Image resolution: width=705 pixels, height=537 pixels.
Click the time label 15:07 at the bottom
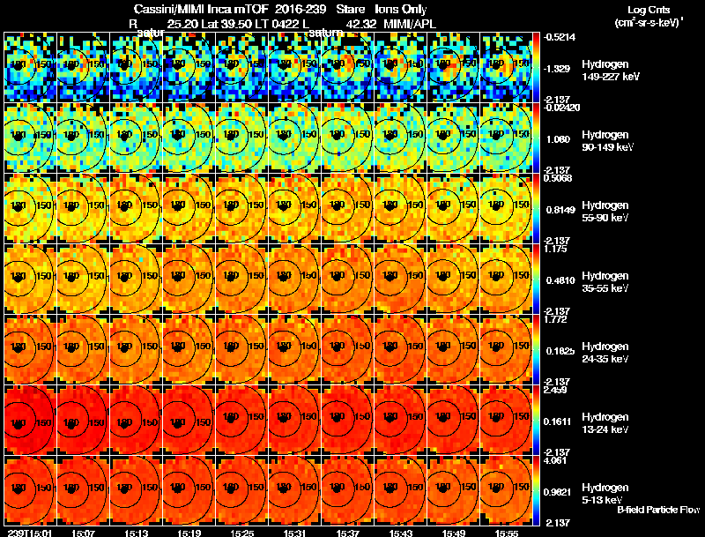(x=84, y=533)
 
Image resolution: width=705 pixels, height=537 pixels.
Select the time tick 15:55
(x=507, y=533)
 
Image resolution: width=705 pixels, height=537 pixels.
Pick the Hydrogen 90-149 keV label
(x=604, y=141)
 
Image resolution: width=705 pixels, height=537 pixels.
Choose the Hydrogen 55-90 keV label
(x=604, y=211)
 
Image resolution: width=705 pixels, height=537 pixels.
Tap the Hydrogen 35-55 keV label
(x=604, y=281)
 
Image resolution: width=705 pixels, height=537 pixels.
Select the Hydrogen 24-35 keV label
(x=604, y=352)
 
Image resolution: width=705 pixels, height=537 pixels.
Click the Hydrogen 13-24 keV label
(x=604, y=422)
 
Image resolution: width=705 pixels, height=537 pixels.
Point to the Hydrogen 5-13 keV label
(x=604, y=493)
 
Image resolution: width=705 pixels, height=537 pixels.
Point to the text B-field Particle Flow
(x=658, y=510)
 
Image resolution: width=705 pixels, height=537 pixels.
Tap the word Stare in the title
(x=351, y=9)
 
